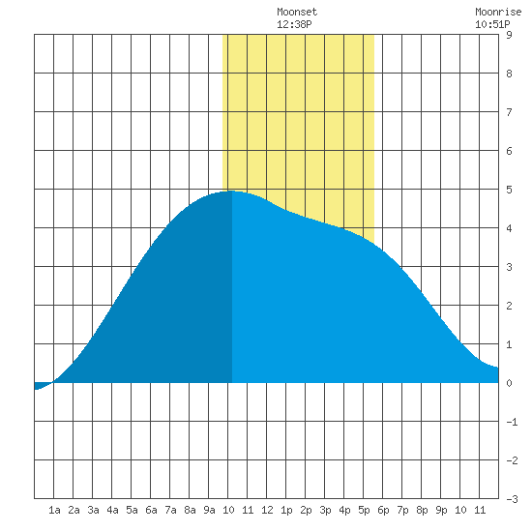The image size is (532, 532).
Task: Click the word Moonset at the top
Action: [297, 12]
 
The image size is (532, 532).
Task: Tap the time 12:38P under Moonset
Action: [294, 24]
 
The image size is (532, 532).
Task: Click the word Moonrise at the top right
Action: [498, 12]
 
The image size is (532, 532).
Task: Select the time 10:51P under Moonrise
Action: [492, 24]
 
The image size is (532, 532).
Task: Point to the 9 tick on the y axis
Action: [509, 35]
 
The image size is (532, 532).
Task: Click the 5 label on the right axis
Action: [509, 190]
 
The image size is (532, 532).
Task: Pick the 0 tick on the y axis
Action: [509, 383]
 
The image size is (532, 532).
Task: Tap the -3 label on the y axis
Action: [512, 499]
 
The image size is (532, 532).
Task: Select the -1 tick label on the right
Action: [512, 422]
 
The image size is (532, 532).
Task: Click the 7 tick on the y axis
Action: [509, 112]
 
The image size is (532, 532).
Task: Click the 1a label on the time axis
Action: [54, 510]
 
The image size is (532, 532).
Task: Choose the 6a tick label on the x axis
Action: [151, 510]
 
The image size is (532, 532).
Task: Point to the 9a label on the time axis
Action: [209, 510]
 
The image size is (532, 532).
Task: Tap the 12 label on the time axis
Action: [267, 510]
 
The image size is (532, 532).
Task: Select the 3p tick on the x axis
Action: [325, 510]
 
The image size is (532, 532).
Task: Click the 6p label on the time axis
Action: [383, 510]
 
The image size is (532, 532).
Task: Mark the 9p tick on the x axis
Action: [441, 510]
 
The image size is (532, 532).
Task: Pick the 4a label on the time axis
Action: [112, 510]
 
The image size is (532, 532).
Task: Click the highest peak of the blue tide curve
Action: [232, 191]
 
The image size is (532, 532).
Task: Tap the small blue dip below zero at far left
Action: [40, 386]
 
